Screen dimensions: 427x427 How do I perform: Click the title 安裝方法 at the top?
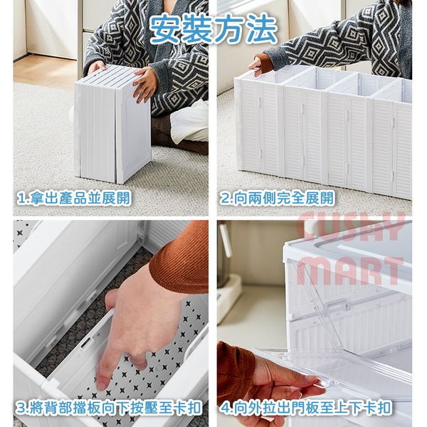[213, 29]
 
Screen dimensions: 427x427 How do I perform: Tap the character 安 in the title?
[166, 29]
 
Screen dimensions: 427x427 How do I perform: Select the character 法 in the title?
[262, 29]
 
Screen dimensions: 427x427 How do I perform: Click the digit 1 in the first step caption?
[21, 199]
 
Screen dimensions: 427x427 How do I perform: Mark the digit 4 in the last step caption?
[225, 408]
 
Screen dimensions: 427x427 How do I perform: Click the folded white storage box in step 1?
[112, 124]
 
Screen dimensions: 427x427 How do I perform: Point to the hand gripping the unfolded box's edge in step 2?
[256, 66]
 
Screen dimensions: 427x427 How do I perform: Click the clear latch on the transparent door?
[337, 305]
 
